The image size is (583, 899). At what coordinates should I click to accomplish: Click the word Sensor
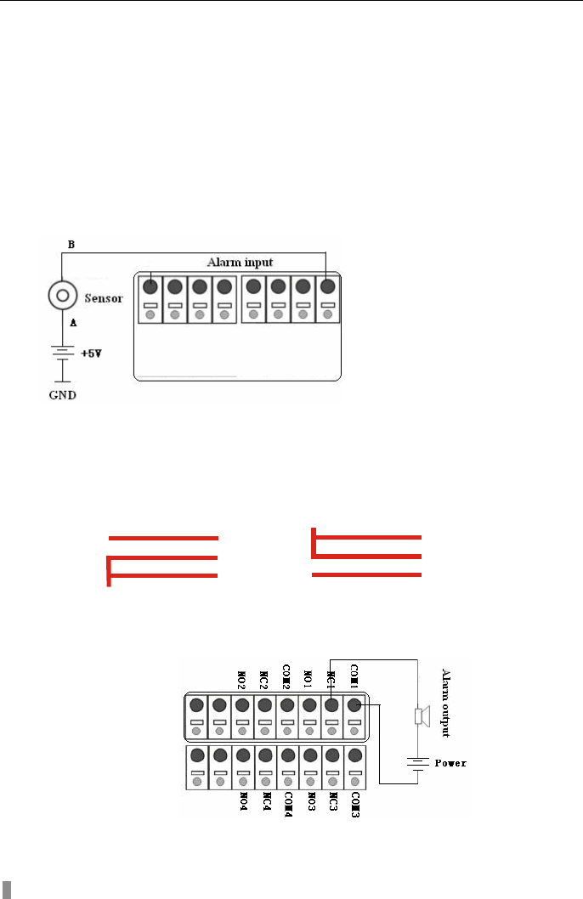tap(105, 299)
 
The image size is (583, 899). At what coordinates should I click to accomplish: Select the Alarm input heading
tap(242, 262)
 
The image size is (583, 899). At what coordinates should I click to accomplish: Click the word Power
tap(450, 762)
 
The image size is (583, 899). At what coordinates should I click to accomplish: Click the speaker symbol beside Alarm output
tap(417, 717)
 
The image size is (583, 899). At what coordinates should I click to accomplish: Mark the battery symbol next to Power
tap(417, 762)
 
